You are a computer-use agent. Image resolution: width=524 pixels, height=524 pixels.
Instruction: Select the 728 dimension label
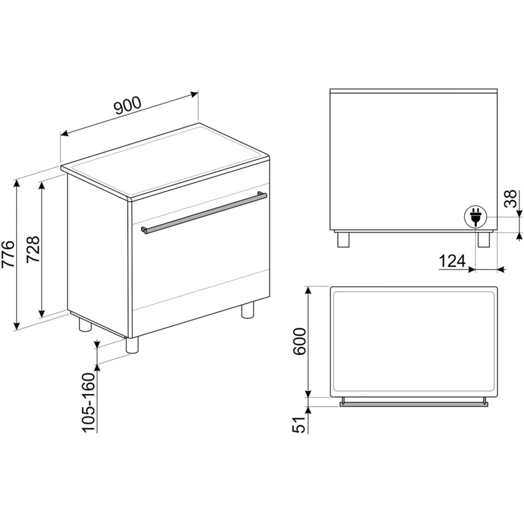33,249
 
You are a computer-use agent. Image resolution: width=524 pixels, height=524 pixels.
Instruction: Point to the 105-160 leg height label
89,402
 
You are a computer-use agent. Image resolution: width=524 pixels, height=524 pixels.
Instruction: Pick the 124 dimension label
452,261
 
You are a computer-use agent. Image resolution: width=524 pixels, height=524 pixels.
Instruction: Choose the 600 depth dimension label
299,341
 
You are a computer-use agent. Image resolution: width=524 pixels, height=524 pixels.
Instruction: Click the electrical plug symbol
475,217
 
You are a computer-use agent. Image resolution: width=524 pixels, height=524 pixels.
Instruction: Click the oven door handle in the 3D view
204,213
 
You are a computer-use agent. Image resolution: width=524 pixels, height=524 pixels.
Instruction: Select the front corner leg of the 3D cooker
132,345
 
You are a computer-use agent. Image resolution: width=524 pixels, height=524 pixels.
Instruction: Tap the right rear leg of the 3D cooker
248,310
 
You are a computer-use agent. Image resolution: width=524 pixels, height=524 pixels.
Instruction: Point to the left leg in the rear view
343,239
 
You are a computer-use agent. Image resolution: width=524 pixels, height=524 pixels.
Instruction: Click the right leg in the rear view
484,239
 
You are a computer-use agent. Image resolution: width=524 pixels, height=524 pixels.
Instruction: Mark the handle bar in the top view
414,405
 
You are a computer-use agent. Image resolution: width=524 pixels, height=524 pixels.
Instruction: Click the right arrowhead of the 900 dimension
194,94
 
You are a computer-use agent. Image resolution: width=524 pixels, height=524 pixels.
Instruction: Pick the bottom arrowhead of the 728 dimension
42,313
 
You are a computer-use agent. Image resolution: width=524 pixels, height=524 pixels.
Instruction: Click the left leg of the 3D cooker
85,324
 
